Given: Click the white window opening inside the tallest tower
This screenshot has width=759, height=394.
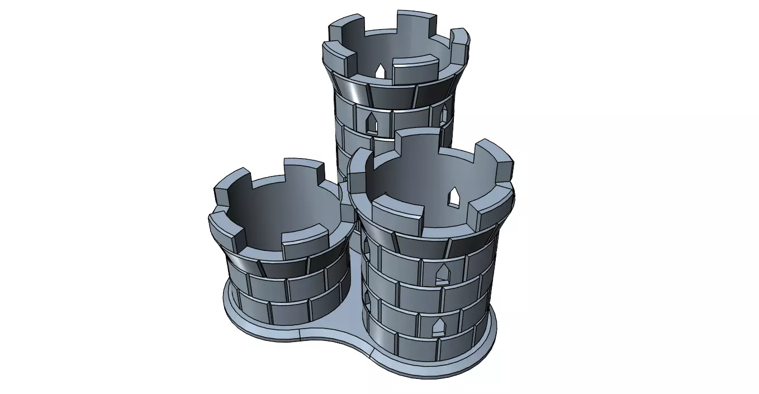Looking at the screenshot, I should coord(380,71).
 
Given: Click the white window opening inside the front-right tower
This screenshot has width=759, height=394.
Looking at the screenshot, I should coord(455,196).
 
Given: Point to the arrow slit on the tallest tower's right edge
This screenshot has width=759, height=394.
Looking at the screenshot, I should coord(444,114).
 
